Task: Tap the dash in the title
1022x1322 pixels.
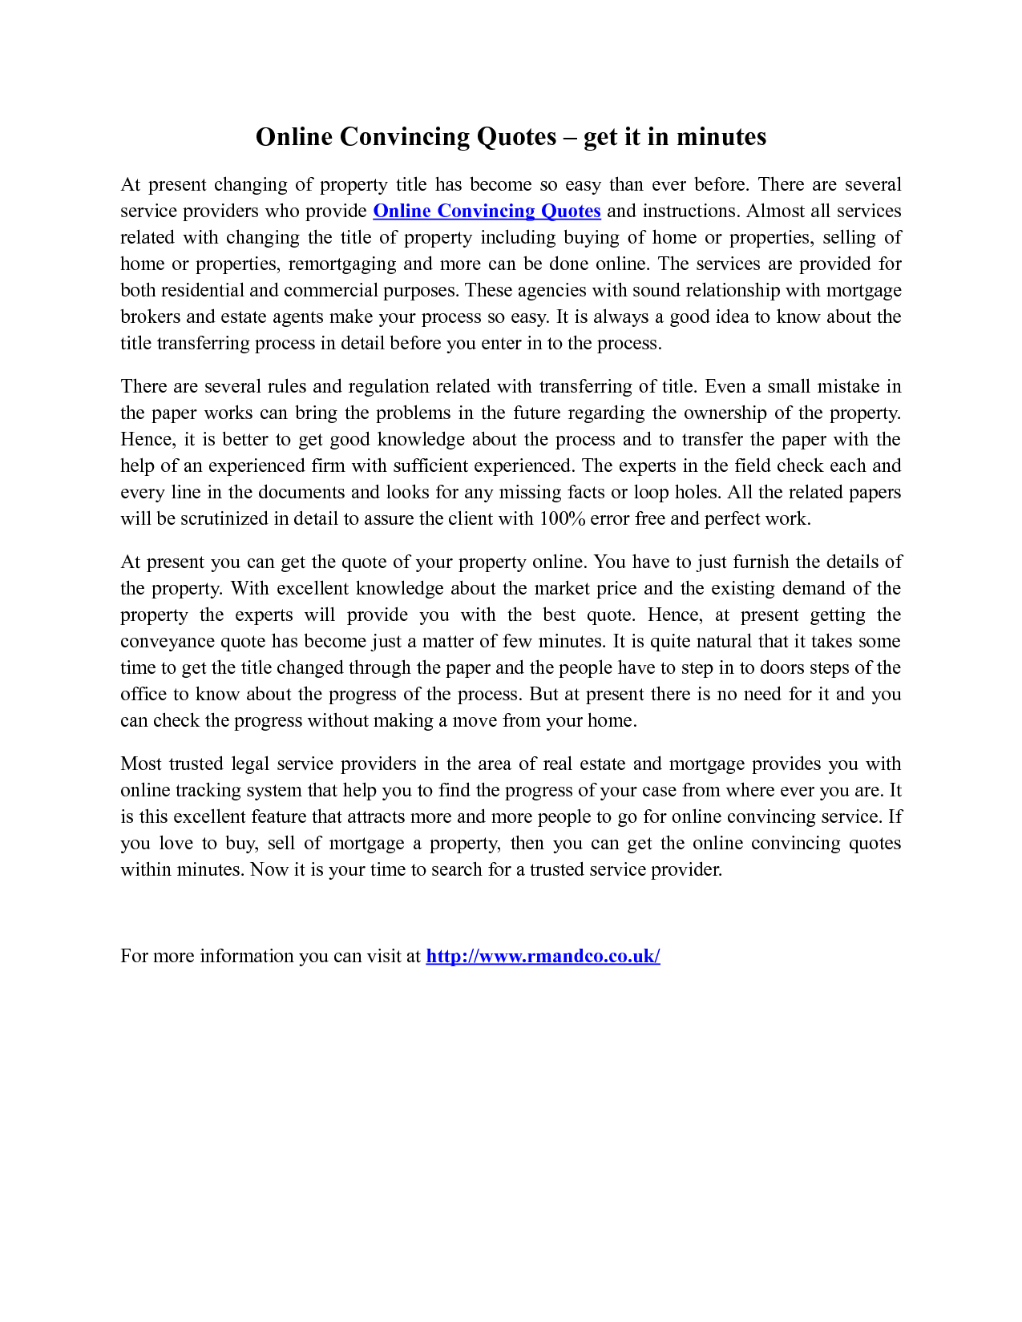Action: (x=570, y=138)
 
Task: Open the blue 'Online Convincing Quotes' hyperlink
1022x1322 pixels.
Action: (x=487, y=211)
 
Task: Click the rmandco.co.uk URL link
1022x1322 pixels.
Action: (x=543, y=956)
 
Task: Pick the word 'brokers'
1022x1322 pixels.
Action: (x=150, y=316)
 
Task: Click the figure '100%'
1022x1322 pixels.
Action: (x=562, y=518)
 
